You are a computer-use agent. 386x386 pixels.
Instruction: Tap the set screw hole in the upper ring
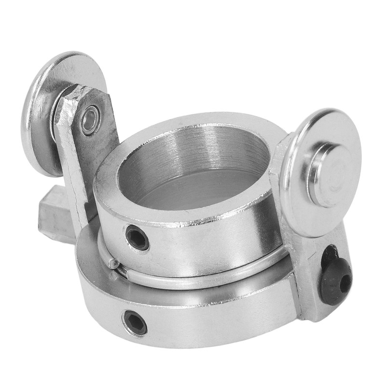pyautogui.click(x=137, y=237)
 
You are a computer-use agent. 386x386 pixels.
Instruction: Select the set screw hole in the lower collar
pyautogui.click(x=135, y=322)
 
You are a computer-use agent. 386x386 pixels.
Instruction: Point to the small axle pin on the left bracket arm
pyautogui.click(x=90, y=121)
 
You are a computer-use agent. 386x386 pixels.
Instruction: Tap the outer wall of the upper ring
pyautogui.click(x=203, y=241)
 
